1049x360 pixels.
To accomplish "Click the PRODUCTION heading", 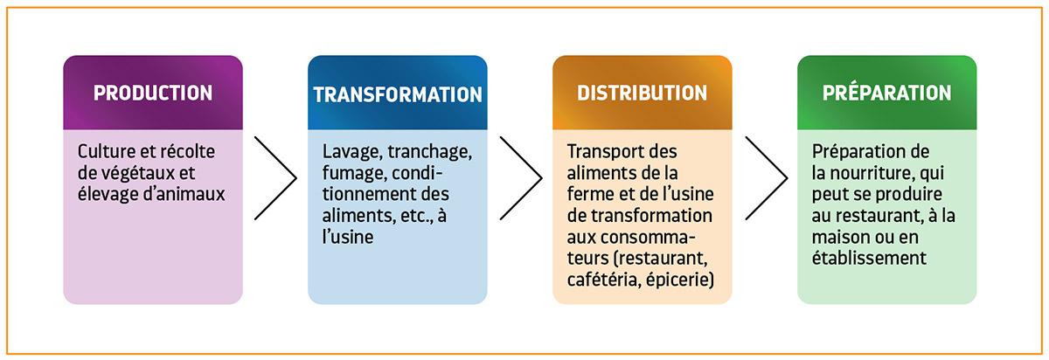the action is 153,93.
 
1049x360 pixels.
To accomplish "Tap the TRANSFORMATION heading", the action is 398,94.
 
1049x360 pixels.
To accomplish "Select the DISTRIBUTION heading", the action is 642,93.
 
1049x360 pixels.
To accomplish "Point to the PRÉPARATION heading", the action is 887,93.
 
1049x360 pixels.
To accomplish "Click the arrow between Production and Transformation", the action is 276,178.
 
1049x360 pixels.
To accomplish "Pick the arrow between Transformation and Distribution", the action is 521,178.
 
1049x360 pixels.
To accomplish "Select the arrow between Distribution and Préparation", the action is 767,178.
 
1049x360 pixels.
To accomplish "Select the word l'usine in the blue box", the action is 348,237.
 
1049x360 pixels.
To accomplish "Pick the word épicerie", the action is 680,280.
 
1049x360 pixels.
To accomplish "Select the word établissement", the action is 869,258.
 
